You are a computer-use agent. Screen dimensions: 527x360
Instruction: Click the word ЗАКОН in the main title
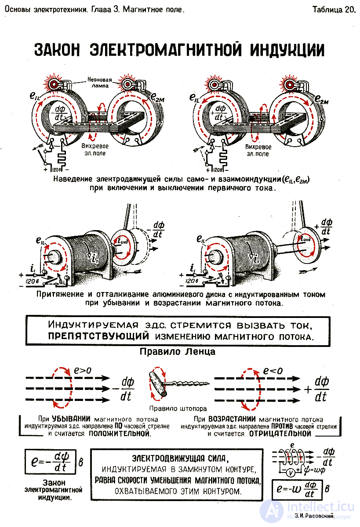(57, 50)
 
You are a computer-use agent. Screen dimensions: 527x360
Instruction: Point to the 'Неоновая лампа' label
(99, 83)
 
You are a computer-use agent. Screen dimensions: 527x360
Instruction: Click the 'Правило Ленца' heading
(177, 351)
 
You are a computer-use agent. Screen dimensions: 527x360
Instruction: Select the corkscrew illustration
(178, 386)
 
